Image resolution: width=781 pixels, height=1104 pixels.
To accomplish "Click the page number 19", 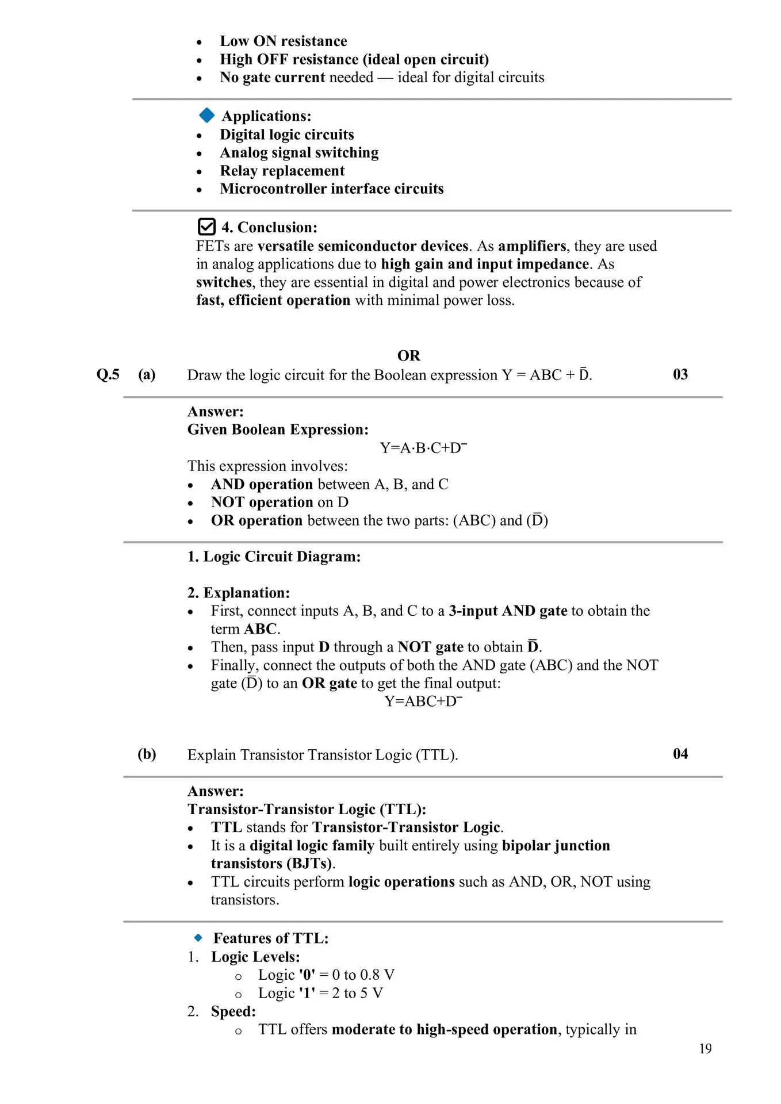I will pyautogui.click(x=705, y=1049).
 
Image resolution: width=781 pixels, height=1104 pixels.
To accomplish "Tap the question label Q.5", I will pyautogui.click(x=108, y=375).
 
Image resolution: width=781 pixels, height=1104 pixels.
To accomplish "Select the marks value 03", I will pyautogui.click(x=680, y=374).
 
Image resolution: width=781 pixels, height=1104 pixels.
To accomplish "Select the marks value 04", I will pyautogui.click(x=680, y=754).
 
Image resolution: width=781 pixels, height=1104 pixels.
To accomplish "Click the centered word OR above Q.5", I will pyautogui.click(x=408, y=355).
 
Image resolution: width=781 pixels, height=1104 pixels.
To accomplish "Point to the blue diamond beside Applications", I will pyautogui.click(x=206, y=116).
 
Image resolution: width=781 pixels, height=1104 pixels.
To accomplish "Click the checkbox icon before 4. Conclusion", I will pyautogui.click(x=206, y=227).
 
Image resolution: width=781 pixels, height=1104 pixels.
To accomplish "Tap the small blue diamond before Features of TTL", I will pyautogui.click(x=198, y=938).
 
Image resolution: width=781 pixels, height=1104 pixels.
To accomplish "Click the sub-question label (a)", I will pyautogui.click(x=147, y=375).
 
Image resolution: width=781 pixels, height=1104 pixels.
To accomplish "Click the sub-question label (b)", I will pyautogui.click(x=147, y=754).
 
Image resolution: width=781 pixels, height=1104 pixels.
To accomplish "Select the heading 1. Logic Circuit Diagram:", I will pyautogui.click(x=274, y=557).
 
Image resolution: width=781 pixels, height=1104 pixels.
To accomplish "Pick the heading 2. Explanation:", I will pyautogui.click(x=239, y=593).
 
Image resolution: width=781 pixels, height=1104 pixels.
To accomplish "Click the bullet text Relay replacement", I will pyautogui.click(x=282, y=171).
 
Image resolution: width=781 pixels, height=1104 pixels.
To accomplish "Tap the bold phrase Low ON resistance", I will pyautogui.click(x=283, y=41).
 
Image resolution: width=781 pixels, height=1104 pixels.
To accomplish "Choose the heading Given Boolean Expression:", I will pyautogui.click(x=278, y=430).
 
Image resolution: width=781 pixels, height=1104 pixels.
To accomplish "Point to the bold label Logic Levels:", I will pyautogui.click(x=255, y=957).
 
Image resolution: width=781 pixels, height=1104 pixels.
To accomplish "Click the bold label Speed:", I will pyautogui.click(x=233, y=1011).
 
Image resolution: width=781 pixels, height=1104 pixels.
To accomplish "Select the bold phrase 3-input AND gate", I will pyautogui.click(x=508, y=611).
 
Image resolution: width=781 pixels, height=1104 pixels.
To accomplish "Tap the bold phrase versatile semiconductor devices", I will pyautogui.click(x=363, y=246).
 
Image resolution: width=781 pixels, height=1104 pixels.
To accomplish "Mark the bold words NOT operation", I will pyautogui.click(x=262, y=503).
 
